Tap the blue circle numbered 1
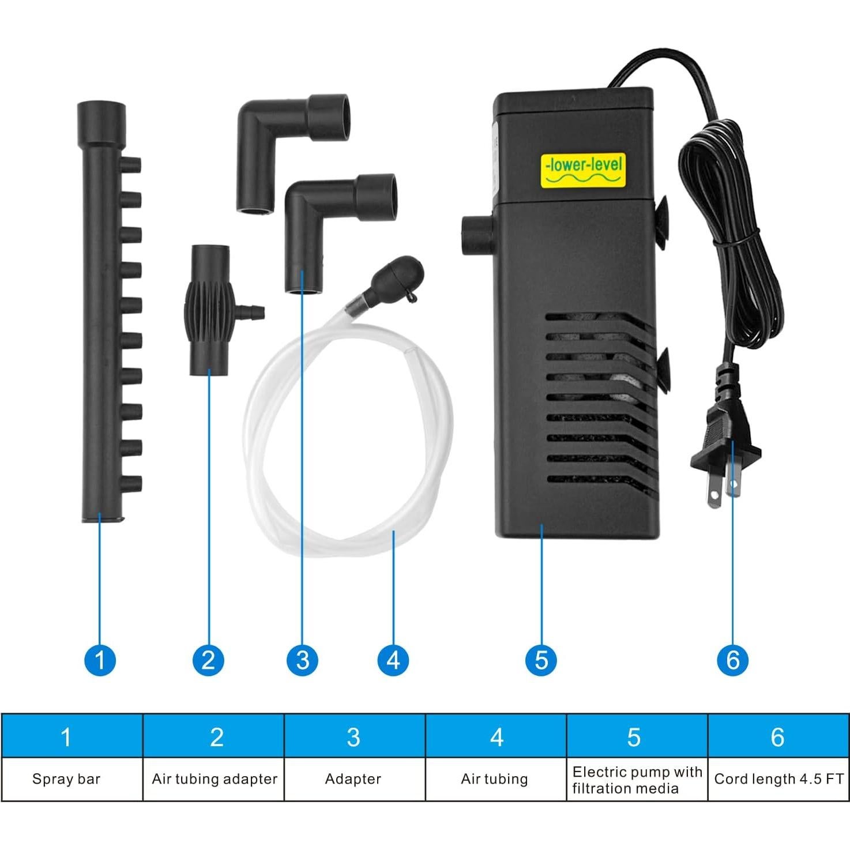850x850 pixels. pyautogui.click(x=100, y=660)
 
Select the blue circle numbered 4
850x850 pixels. pyautogui.click(x=393, y=660)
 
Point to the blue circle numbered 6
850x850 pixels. pyautogui.click(x=732, y=660)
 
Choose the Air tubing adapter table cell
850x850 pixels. pyautogui.click(x=214, y=779)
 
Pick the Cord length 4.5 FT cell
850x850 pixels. pyautogui.click(x=778, y=779)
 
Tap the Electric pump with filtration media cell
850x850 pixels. pyautogui.click(x=637, y=780)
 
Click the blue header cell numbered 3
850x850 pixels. pyautogui.click(x=354, y=736)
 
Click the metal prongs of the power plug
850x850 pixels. pyautogui.click(x=724, y=488)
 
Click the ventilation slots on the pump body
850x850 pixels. pyautogui.click(x=600, y=404)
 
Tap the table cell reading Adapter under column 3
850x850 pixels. pyautogui.click(x=353, y=779)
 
